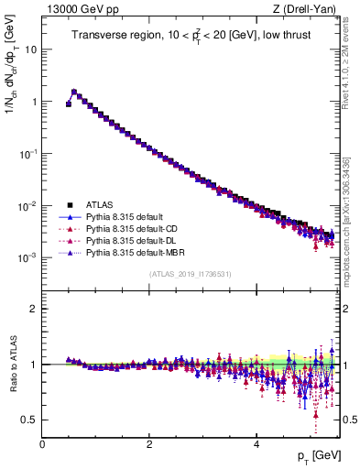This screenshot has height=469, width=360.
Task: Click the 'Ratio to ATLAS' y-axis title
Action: click(12, 365)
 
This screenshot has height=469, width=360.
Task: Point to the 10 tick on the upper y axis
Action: click(31, 49)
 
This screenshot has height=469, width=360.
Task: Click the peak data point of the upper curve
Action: click(74, 92)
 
